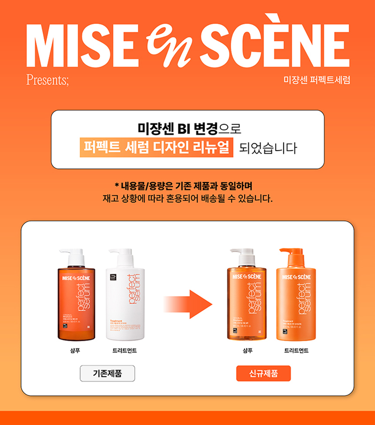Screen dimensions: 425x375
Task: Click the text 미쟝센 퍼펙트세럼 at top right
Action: coord(317,80)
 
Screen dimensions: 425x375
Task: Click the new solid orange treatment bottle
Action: coord(297,301)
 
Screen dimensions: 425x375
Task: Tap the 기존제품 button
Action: coord(107,373)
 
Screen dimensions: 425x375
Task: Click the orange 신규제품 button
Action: coord(263,373)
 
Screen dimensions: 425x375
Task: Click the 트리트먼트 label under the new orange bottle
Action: coord(297,350)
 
